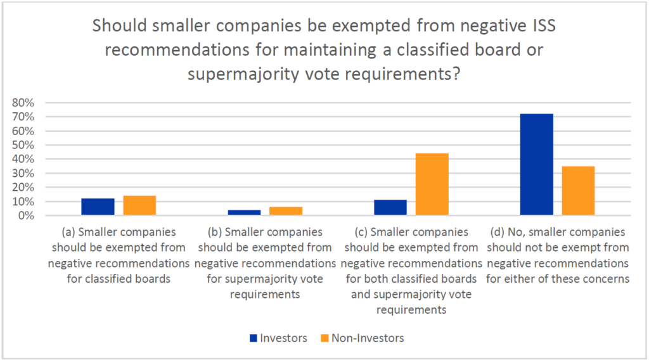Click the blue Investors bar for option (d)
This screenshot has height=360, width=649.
536,165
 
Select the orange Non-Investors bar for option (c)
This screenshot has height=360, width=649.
432,184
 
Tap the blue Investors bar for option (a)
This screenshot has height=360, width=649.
98,207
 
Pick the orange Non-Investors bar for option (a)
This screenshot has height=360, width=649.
139,206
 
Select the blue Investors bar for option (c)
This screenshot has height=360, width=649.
390,208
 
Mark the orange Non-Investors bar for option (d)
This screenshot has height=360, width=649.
578,191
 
